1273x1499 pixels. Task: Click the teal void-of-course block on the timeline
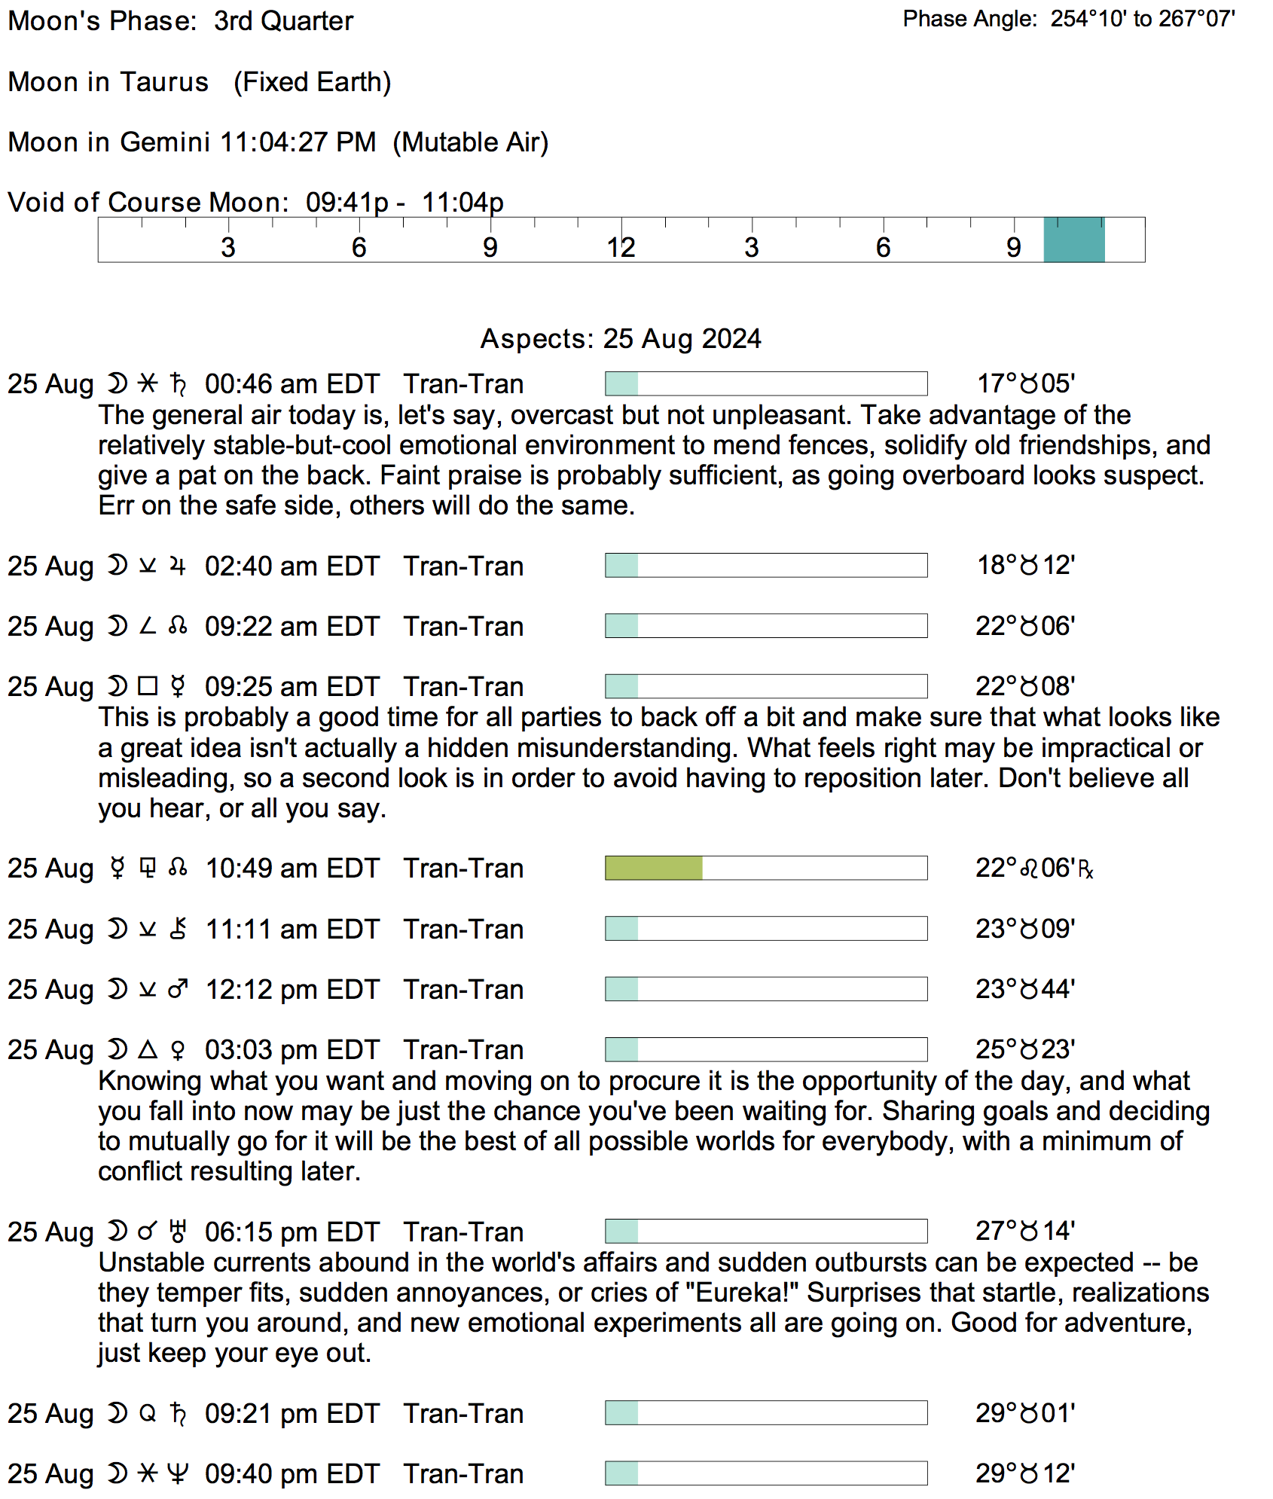[x=1073, y=240]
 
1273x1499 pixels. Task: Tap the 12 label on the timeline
[x=621, y=247]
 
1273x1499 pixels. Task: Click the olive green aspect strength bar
[x=653, y=868]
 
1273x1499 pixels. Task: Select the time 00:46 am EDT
[x=292, y=384]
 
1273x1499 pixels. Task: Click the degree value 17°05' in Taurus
[x=1025, y=383]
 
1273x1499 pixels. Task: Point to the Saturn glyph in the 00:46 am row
[x=178, y=384]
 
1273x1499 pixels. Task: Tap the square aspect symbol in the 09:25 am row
[x=148, y=686]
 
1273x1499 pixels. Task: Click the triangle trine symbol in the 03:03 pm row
[x=148, y=1049]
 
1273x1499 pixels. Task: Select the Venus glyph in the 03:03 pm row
[x=178, y=1049]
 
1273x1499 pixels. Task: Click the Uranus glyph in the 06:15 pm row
[x=178, y=1232]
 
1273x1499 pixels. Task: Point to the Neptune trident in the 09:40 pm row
[x=178, y=1473]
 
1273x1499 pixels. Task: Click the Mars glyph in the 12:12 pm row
[x=178, y=989]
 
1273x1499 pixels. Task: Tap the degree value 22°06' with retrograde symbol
[x=1033, y=869]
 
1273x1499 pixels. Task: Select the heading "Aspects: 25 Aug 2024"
[x=621, y=339]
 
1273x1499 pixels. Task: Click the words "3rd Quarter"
[x=283, y=21]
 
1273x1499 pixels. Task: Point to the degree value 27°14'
[x=1025, y=1231]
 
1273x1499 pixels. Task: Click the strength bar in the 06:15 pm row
[x=765, y=1231]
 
